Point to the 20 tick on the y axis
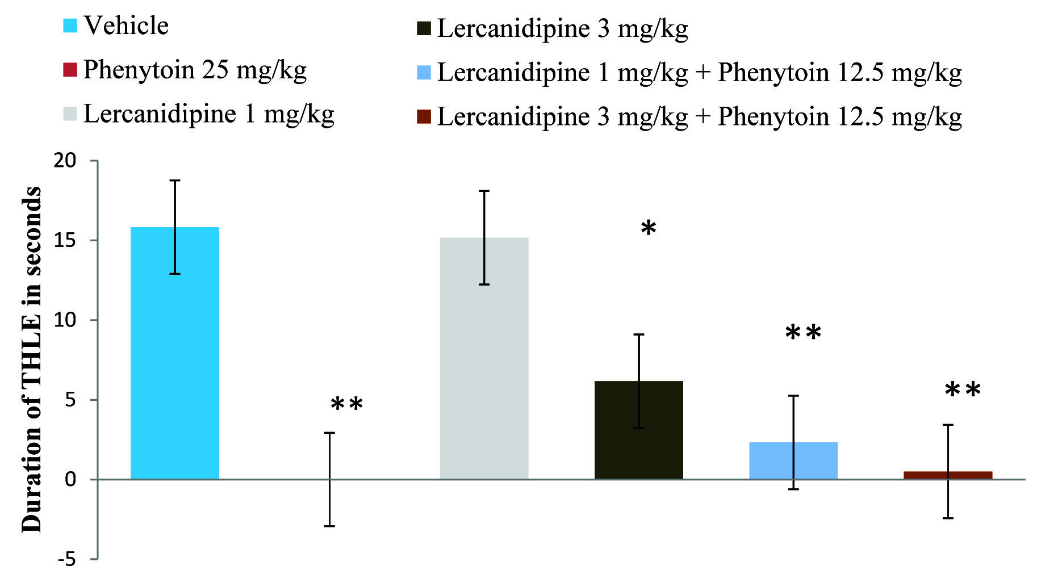pos(65,161)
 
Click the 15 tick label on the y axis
pos(65,241)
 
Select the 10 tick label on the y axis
pos(65,320)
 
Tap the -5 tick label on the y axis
pos(66,560)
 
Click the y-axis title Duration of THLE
pos(32,359)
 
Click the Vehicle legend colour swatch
pos(70,26)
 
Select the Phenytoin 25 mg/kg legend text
pos(195,70)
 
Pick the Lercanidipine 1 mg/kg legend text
pos(208,114)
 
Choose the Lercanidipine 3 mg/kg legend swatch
pos(424,28)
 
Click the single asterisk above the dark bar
pos(648,229)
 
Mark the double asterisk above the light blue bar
pos(803,333)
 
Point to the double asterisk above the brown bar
pos(963,391)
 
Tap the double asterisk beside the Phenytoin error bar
pos(346,405)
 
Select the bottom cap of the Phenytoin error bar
pos(329,526)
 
